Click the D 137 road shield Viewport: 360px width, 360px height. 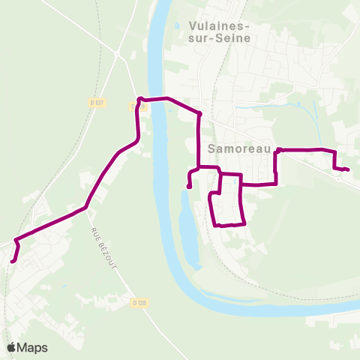94,103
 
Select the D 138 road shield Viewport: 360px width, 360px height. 138,303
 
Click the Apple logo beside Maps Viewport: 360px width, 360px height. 12,347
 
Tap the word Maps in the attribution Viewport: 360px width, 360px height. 32,347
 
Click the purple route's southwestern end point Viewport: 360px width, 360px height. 13,261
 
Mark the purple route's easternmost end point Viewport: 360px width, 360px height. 346,169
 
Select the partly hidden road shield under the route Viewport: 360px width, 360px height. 136,107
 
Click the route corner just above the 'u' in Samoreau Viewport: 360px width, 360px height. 278,150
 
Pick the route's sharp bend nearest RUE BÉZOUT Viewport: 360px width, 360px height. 87,205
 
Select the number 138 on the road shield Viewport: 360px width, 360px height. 140,303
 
